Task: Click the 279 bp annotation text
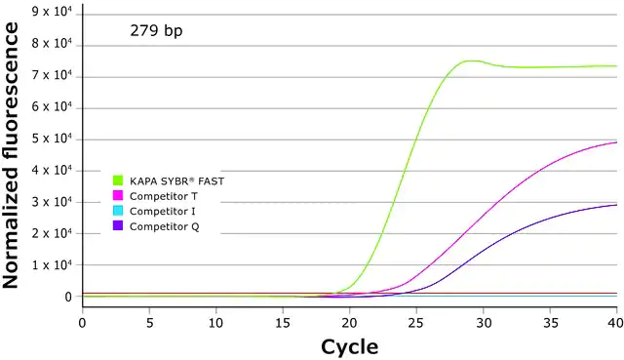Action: click(x=156, y=30)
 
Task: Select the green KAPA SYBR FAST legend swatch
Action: click(x=118, y=180)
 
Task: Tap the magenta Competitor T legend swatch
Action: click(x=118, y=195)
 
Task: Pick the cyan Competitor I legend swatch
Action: click(x=118, y=211)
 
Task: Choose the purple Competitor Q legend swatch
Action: click(x=118, y=225)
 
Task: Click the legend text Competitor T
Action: click(x=164, y=196)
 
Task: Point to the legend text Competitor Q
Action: click(x=165, y=227)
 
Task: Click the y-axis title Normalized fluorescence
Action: click(x=11, y=155)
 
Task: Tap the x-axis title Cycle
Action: click(x=349, y=347)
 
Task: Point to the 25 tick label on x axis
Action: click(x=416, y=323)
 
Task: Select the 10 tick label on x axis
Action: click(x=215, y=323)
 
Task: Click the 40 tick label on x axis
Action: click(x=616, y=323)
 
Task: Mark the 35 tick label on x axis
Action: click(x=550, y=323)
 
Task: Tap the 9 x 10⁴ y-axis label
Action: click(x=52, y=12)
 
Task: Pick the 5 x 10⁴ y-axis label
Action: click(x=52, y=139)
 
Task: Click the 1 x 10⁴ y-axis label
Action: click(x=52, y=264)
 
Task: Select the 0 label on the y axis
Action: click(x=68, y=297)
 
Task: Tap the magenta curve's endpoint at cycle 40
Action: click(x=616, y=142)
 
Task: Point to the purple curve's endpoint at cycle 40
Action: click(x=616, y=205)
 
